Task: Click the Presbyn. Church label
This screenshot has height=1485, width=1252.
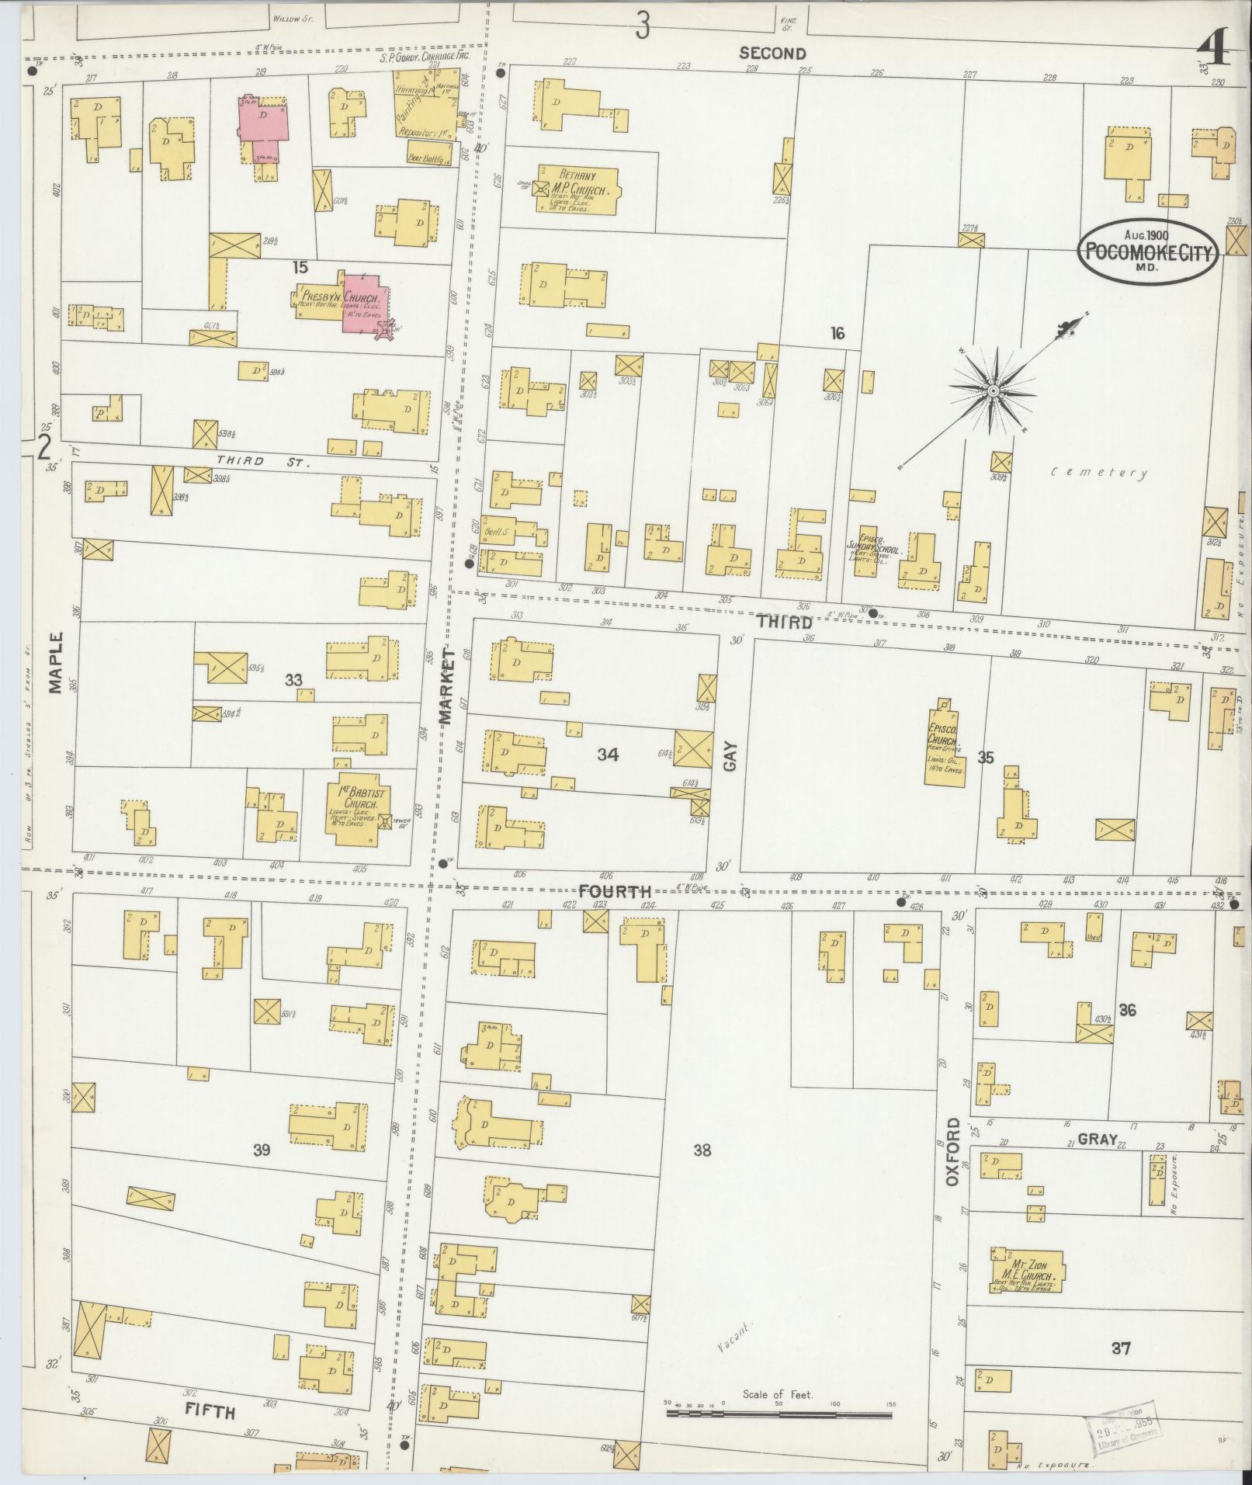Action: (x=340, y=298)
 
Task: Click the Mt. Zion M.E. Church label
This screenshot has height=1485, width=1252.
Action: (x=1028, y=1271)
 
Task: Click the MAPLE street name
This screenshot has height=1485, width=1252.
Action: (x=55, y=661)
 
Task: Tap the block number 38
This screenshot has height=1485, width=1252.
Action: (x=702, y=1150)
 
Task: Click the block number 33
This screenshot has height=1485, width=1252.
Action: (x=293, y=680)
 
